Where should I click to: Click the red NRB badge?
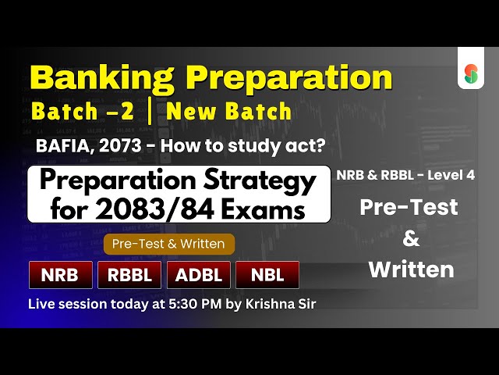pos(61,274)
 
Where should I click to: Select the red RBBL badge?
pos(129,274)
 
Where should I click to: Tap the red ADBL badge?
pos(198,274)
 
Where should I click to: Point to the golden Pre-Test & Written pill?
pos(169,244)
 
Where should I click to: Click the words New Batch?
pos(230,112)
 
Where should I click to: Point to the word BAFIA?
pos(62,146)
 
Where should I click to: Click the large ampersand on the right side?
pos(410,238)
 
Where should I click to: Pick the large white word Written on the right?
pos(410,270)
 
